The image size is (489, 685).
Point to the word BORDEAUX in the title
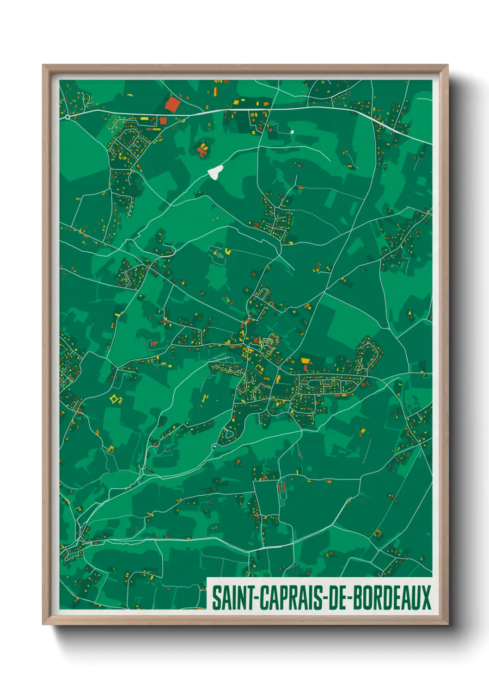(392, 598)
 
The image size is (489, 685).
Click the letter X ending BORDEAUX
(426, 598)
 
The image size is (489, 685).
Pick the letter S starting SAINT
(216, 598)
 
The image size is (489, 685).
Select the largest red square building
(172, 104)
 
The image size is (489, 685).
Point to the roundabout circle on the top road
(67, 117)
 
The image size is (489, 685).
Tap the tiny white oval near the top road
(292, 131)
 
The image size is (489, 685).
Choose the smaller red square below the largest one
(163, 121)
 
